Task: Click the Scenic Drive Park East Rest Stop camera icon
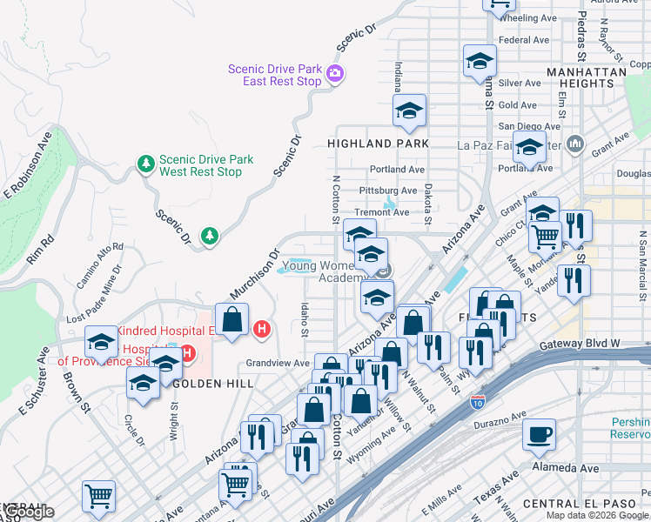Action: (x=335, y=75)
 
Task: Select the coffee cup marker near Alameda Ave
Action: (x=539, y=434)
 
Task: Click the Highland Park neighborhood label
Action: (x=378, y=143)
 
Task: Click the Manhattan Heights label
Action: (x=586, y=77)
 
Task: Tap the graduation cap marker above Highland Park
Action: (x=408, y=110)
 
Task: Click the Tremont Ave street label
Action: (x=382, y=212)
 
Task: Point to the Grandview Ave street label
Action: (x=278, y=363)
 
